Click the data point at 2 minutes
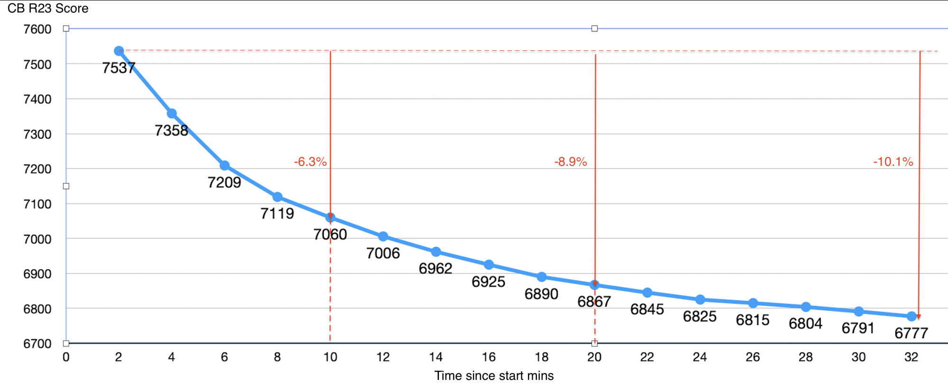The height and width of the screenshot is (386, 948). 119,51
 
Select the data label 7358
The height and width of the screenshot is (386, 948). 171,130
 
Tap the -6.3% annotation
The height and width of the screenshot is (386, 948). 310,162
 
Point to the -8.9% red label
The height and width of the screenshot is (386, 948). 571,162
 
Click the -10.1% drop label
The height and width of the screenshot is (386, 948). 893,162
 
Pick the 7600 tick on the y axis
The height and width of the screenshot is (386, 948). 37,29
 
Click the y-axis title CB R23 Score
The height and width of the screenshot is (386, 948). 48,9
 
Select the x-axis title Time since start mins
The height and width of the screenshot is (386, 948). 494,376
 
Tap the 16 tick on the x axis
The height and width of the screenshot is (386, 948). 489,357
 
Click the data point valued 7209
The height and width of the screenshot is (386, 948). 225,165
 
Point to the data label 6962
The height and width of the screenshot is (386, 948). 435,269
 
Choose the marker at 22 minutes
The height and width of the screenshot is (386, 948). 647,293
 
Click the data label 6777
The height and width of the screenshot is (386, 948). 911,333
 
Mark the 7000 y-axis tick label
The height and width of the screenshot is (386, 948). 37,239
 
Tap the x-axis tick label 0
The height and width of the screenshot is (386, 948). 66,357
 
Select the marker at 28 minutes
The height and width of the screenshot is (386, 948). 806,307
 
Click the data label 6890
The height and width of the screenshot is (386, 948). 541,294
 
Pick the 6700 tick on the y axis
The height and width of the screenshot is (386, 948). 37,344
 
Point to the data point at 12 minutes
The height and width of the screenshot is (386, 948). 383,236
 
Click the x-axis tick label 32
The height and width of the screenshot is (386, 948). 911,357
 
